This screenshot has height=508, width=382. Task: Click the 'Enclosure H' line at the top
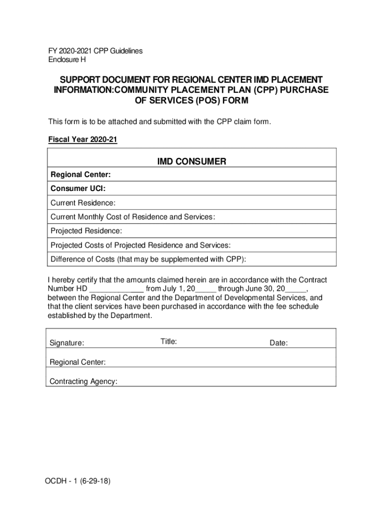pos(66,60)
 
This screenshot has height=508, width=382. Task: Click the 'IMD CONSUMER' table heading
pos(191,161)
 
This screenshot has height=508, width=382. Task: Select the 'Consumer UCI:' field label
pos(78,189)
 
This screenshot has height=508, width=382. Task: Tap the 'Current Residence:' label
pos(83,203)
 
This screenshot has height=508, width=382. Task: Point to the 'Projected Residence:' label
pos(86,231)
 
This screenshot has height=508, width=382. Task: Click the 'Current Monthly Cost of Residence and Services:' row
pos(133,217)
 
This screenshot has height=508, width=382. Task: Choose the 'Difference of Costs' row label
pos(148,259)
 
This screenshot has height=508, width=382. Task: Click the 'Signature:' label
pos(67,343)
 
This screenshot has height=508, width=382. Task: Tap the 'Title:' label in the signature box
pos(169,341)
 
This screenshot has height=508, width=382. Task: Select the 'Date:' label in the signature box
pos(278,343)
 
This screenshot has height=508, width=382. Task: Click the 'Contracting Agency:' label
pos(83,381)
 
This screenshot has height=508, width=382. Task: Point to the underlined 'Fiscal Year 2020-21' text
pos(82,140)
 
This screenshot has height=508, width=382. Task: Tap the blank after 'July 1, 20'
pos(206,289)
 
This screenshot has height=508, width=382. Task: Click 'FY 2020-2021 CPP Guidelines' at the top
pos(95,51)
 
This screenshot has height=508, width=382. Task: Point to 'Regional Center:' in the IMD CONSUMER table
pos(80,175)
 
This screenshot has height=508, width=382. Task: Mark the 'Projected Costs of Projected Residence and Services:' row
pos(140,245)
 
